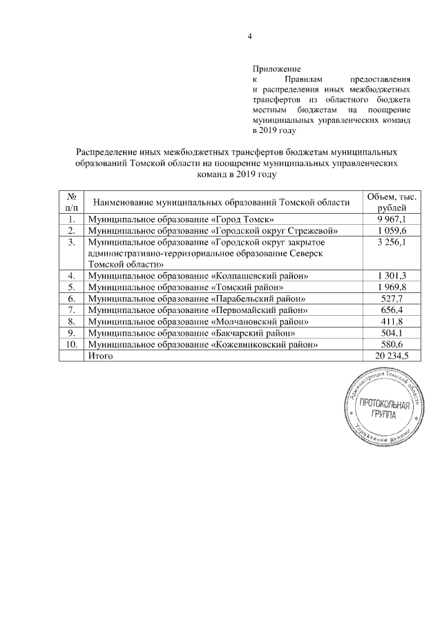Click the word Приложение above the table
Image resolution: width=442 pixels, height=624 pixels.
(277, 70)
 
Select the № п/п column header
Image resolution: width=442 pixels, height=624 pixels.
(71, 201)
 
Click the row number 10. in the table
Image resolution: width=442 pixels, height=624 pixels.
(71, 344)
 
